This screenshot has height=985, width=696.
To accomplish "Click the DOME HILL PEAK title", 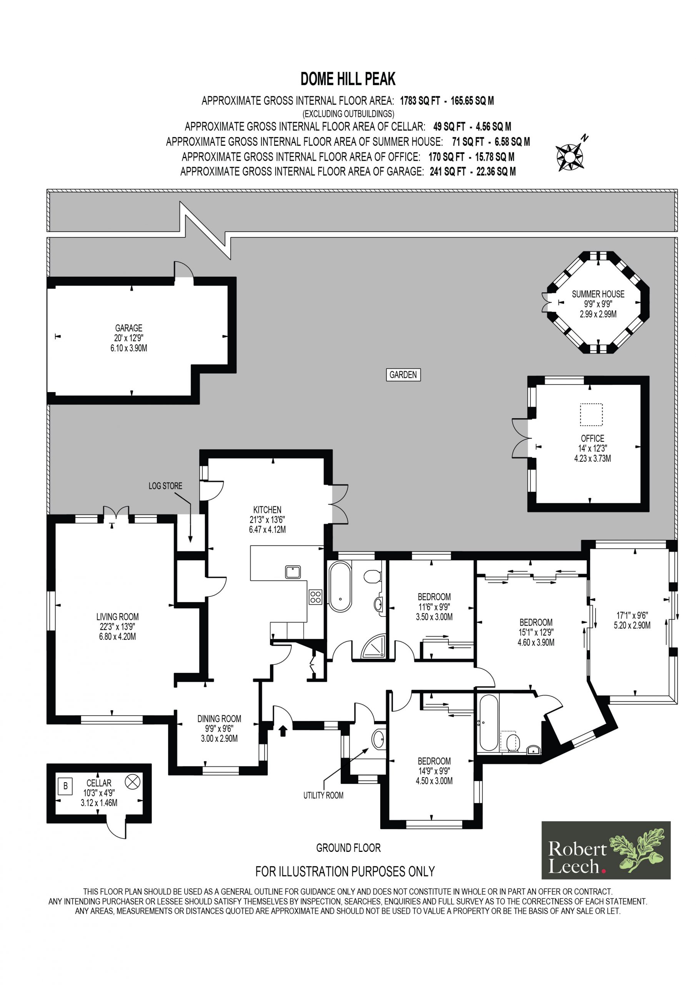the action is click(348, 79).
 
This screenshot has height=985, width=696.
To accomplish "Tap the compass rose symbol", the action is click(570, 156).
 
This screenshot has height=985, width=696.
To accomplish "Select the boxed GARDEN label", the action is click(403, 374).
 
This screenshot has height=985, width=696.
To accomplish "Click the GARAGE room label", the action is click(129, 328).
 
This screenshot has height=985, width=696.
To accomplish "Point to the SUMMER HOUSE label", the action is click(598, 294).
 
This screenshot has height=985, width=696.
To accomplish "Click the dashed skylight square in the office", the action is click(591, 414).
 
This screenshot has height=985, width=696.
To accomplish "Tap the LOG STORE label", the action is click(165, 486).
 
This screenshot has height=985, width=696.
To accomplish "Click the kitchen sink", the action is click(293, 572).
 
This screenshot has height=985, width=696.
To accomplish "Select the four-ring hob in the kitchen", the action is click(316, 597).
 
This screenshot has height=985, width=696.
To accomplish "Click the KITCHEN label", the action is click(267, 510).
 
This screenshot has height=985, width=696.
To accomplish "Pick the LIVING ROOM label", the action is click(118, 617).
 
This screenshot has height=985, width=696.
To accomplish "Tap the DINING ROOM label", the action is click(219, 719).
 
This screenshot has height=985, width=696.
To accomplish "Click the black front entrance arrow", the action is click(283, 731).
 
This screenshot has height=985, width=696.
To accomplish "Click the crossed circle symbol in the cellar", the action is click(133, 781).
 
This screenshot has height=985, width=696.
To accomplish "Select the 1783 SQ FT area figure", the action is click(420, 101).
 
